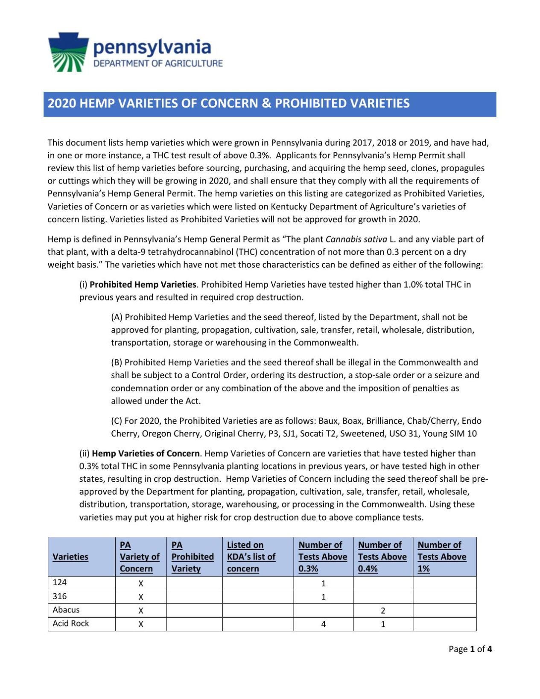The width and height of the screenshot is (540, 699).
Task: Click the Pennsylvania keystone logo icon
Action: point(68,52)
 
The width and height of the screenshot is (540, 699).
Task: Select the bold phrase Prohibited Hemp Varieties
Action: point(143,285)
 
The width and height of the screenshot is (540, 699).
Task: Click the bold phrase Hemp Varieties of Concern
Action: point(146,454)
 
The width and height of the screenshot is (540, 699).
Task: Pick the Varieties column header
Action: point(70,557)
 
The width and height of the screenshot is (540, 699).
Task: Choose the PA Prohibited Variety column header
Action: point(193,557)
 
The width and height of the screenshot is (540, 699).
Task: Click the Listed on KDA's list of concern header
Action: point(251,557)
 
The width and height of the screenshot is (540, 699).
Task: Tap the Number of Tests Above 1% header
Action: point(442,557)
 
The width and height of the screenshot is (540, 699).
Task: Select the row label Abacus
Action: point(66,610)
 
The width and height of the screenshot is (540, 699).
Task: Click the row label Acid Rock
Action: point(71,624)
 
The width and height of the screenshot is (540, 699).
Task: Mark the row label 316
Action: point(60,597)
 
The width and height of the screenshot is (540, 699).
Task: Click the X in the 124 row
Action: point(141,583)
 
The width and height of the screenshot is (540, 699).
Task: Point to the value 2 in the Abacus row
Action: point(383,611)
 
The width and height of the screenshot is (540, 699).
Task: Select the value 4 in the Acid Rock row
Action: point(324,624)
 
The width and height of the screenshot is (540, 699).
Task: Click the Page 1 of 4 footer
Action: point(470,649)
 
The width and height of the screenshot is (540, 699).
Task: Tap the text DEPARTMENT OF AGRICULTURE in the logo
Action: point(158,64)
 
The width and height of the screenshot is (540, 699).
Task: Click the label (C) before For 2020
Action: point(117,421)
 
